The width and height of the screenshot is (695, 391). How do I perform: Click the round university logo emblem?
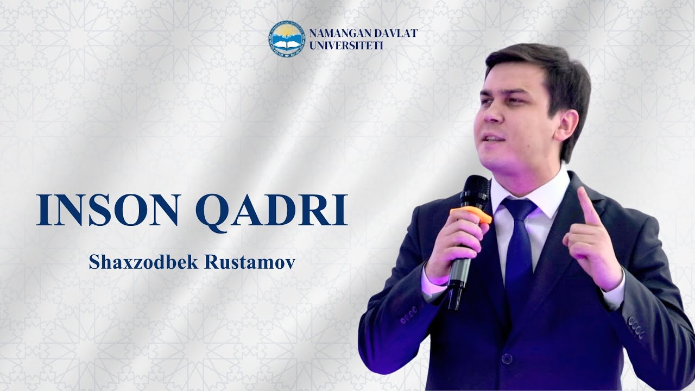tap(287, 38)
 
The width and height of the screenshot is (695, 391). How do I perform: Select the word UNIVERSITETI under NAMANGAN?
tap(346, 46)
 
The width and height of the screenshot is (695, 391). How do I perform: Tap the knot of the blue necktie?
tap(519, 209)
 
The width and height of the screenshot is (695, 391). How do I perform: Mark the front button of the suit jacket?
tap(506, 358)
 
